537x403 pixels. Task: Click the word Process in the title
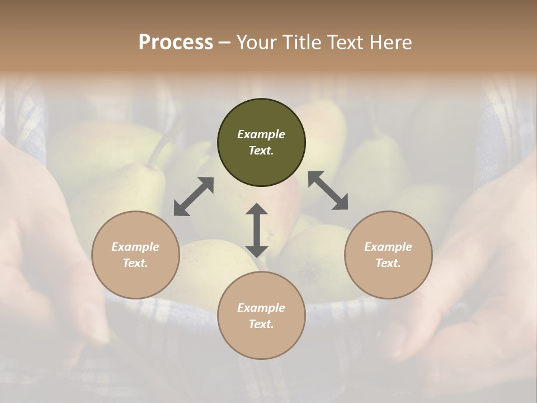pyautogui.click(x=176, y=42)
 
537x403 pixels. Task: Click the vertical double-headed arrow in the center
pyautogui.click(x=257, y=231)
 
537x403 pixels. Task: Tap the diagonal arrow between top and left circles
pyautogui.click(x=194, y=196)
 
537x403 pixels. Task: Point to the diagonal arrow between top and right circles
pyautogui.click(x=328, y=190)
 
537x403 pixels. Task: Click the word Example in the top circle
pyautogui.click(x=261, y=134)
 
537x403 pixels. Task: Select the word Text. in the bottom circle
pyautogui.click(x=261, y=324)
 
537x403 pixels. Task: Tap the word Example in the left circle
pyautogui.click(x=135, y=247)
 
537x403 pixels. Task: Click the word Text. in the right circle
pyautogui.click(x=388, y=263)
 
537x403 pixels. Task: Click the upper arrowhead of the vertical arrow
pyautogui.click(x=257, y=209)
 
